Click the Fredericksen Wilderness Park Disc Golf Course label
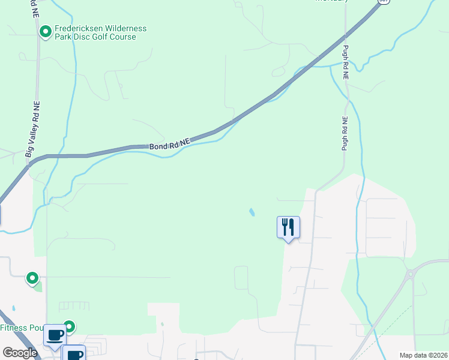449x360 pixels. click(100, 32)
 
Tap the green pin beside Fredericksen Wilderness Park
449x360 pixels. click(45, 31)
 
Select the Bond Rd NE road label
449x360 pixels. click(169, 144)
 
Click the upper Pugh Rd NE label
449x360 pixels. click(346, 62)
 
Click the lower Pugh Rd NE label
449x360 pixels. click(345, 133)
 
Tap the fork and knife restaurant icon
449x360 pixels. click(288, 227)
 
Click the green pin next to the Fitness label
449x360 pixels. click(69, 326)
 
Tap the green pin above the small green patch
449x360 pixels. click(32, 278)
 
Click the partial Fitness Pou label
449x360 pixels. click(22, 328)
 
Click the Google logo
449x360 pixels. click(20, 353)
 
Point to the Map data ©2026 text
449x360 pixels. click(423, 355)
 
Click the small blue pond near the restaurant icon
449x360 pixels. click(251, 212)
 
